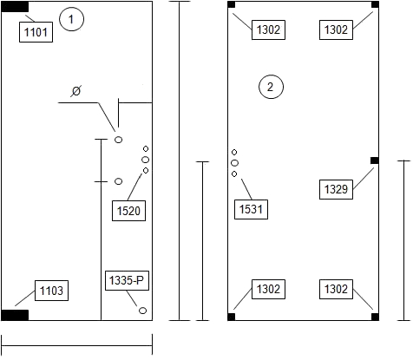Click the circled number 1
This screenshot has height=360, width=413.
(71, 19)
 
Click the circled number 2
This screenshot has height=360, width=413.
(271, 87)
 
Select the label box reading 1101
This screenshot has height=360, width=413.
(36, 32)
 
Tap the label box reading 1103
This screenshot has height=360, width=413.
(51, 291)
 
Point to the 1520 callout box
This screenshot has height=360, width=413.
(128, 211)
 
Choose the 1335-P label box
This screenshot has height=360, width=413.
(127, 280)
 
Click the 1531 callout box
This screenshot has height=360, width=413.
(251, 209)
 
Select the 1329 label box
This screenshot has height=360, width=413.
(336, 189)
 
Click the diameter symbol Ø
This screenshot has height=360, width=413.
(76, 91)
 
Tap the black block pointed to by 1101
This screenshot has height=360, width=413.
(15, 7)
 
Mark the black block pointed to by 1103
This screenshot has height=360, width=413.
(15, 315)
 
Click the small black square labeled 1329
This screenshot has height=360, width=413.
(375, 160)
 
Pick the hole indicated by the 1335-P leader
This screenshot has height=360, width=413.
(142, 311)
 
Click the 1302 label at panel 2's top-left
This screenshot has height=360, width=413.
(268, 29)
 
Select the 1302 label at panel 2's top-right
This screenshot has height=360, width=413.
(336, 29)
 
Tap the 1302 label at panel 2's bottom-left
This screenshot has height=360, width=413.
(268, 289)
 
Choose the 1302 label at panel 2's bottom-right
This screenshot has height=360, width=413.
(336, 289)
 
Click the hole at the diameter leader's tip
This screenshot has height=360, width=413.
(118, 140)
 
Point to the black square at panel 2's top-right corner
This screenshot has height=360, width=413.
(375, 4)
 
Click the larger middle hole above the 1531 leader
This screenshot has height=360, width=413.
(234, 163)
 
